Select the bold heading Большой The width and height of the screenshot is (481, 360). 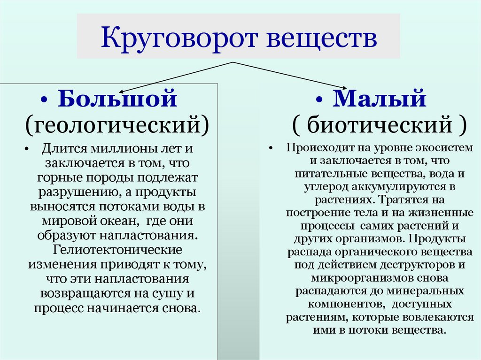[x=117, y=100]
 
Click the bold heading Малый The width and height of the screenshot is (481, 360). [x=380, y=100]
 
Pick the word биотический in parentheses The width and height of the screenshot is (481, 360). [x=379, y=125]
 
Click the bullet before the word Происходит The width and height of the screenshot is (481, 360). [x=272, y=148]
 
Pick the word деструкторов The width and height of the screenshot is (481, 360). [x=415, y=264]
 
